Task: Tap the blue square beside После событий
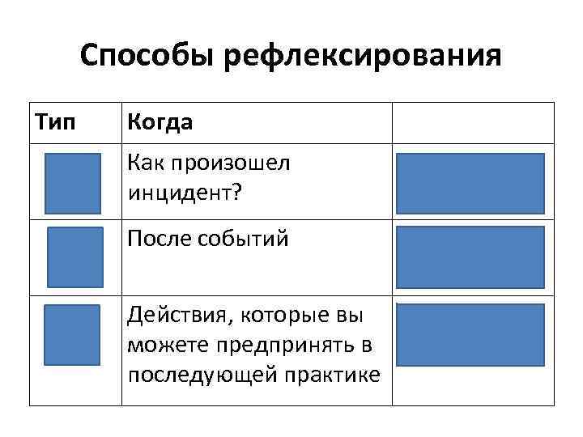75,257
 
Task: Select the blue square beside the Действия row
72,333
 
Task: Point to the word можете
161,346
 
